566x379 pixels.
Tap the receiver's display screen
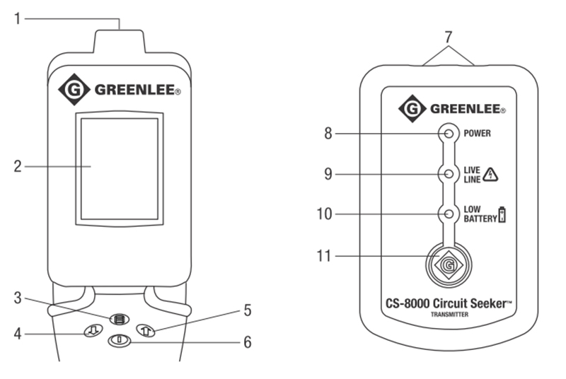pos(120,168)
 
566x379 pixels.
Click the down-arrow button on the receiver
pos(91,330)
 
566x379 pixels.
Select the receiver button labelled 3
pos(119,318)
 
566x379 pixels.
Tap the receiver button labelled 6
pos(119,340)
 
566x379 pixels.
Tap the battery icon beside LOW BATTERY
pos(503,214)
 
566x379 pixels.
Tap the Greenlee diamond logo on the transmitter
pos(412,110)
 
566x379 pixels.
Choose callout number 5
pos(248,310)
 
